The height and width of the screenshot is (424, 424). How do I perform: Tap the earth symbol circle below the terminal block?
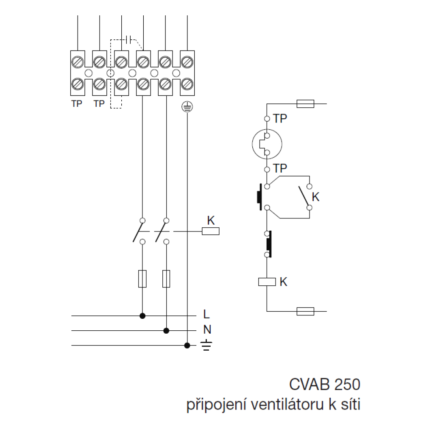coord(187,107)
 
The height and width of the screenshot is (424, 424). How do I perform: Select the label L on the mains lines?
coord(206,315)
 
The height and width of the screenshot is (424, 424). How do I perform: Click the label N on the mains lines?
coord(207,330)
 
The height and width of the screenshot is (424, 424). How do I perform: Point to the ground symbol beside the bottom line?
coord(206,346)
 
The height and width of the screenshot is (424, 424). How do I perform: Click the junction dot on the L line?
coord(143,316)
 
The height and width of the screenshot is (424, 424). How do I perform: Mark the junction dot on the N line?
coord(167,330)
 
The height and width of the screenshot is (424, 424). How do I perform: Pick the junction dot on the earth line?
coord(187,346)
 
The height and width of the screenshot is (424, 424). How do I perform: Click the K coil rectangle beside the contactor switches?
coord(211,232)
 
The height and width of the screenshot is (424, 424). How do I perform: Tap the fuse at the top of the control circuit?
coord(305,103)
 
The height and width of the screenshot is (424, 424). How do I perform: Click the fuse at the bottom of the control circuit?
coord(305,312)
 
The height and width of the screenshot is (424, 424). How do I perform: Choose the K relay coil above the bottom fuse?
coord(267,281)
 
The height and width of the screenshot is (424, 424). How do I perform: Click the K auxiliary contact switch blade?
coord(304,196)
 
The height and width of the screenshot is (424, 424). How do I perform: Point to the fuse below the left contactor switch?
coord(143,279)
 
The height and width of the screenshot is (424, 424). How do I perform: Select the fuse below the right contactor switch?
coord(167,279)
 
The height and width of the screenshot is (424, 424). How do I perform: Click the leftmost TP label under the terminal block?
coord(77,103)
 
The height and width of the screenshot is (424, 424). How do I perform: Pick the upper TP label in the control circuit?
coord(280,119)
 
